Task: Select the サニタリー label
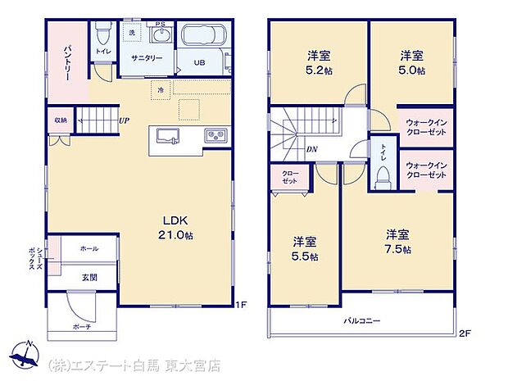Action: pyautogui.click(x=147, y=59)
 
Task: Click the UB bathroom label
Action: pyautogui.click(x=200, y=62)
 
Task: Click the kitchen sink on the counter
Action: pyautogui.click(x=168, y=135)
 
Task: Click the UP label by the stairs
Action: pyautogui.click(x=124, y=122)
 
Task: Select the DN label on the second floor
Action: pyautogui.click(x=312, y=149)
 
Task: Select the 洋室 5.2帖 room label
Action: pyautogui.click(x=319, y=62)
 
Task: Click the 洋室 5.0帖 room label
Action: pyautogui.click(x=412, y=62)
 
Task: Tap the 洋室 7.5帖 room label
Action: pyautogui.click(x=398, y=242)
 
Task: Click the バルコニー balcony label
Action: pyautogui.click(x=361, y=321)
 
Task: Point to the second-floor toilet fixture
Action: pyautogui.click(x=381, y=177)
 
